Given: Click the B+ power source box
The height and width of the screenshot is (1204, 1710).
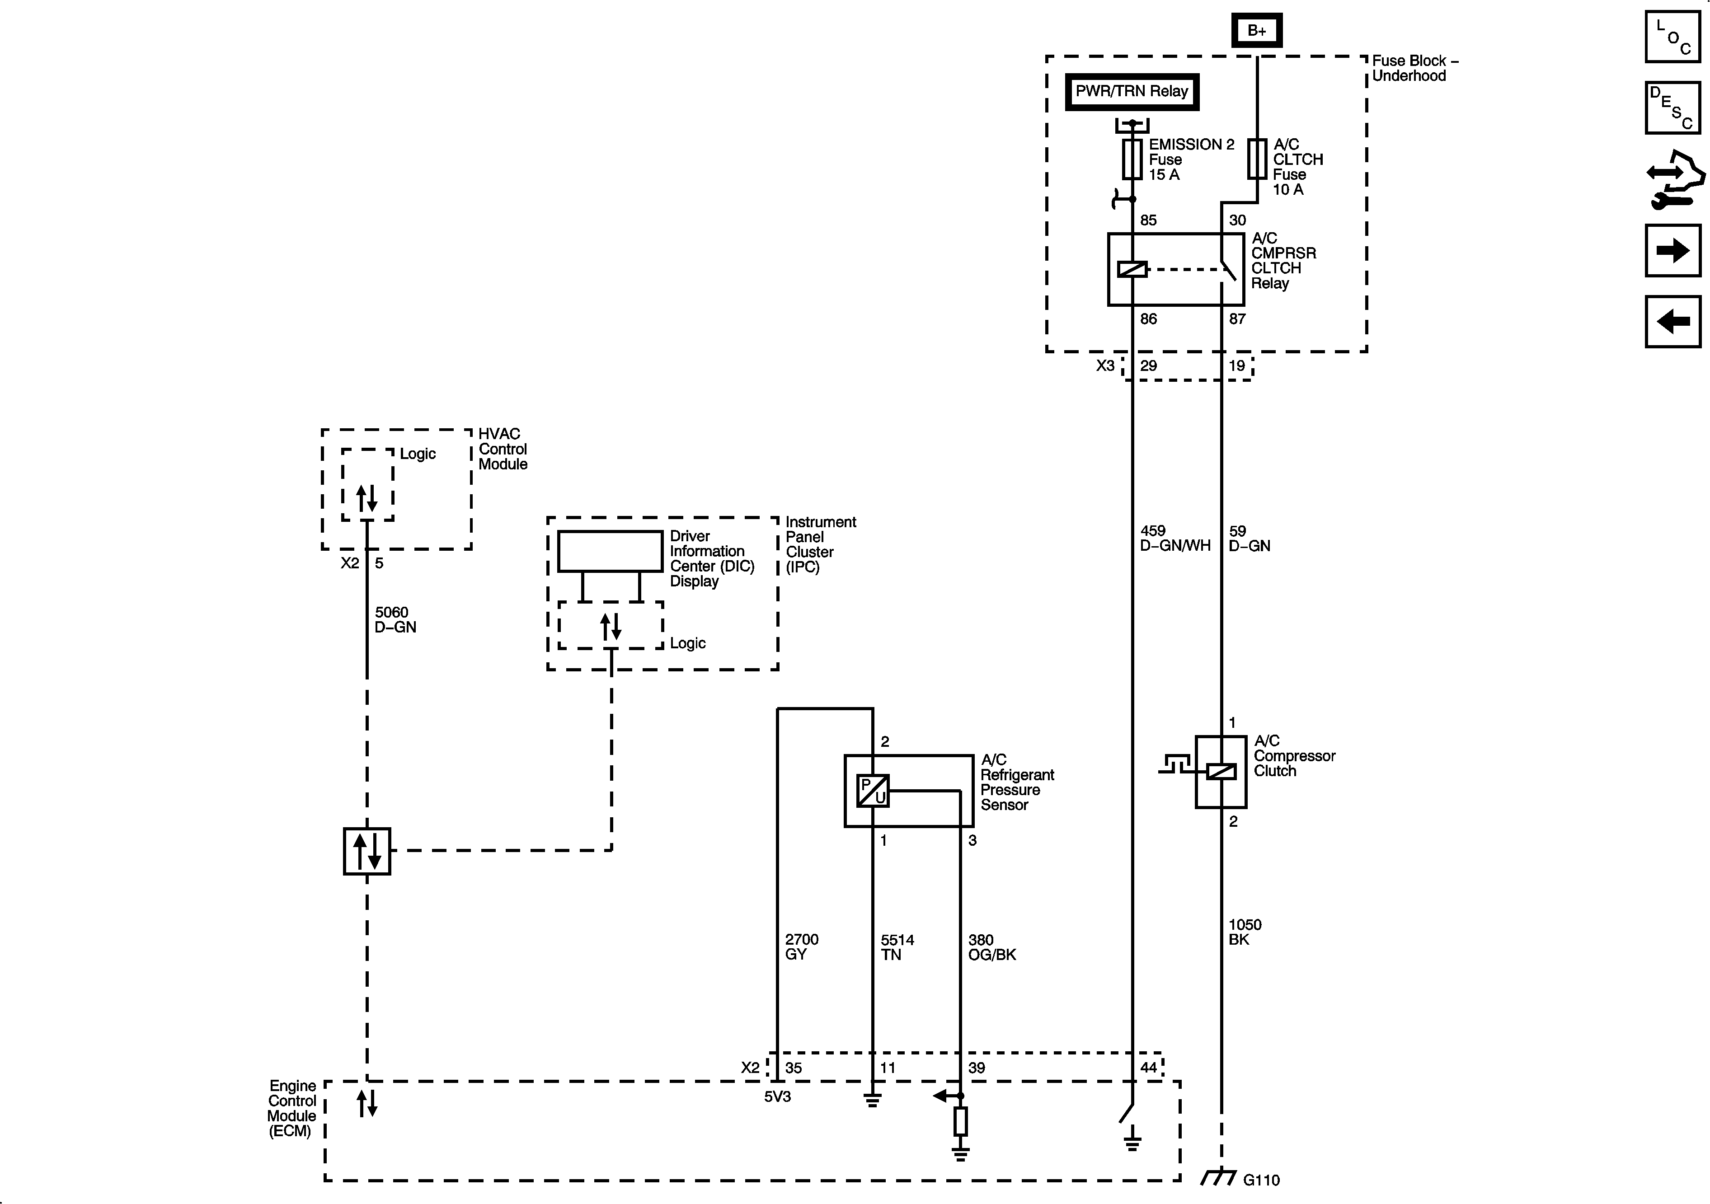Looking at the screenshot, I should coord(1256,31).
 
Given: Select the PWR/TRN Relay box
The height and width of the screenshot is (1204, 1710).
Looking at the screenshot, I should coord(1131,92).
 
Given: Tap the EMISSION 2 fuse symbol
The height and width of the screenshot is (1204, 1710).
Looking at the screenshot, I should coord(1132,159).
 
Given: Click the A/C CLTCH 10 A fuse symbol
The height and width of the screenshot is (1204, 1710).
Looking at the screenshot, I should coord(1257,159).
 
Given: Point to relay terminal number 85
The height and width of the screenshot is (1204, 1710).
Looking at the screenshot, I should coord(1148,220).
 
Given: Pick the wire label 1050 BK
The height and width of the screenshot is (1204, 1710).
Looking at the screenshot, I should coord(1245,932).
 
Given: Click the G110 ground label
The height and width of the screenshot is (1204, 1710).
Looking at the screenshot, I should coord(1261,1180).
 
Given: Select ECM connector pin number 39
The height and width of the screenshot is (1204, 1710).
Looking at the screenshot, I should coord(977,1068).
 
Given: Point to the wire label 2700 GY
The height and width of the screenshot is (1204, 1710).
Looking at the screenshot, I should coord(801,947).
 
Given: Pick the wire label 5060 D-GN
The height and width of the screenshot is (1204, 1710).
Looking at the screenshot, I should coord(395,619).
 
